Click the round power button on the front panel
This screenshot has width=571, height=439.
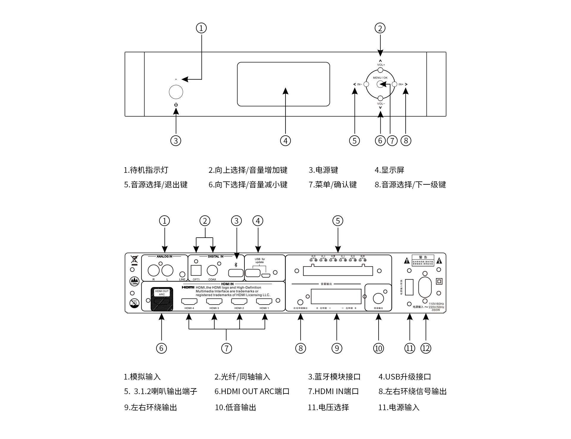click(x=176, y=92)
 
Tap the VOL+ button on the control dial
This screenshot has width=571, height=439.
click(x=380, y=70)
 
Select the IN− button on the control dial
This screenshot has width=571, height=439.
click(x=366, y=84)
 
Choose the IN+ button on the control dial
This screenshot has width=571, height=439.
click(x=394, y=84)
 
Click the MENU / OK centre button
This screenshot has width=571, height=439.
click(x=380, y=84)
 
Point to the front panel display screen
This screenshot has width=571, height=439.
click(x=283, y=84)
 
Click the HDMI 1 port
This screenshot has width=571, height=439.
click(x=264, y=301)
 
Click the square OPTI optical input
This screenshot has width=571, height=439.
click(x=196, y=271)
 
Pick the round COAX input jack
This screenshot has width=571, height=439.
click(x=212, y=271)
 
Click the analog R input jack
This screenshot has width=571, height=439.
click(x=154, y=271)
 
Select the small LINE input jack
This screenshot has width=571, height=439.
click(x=182, y=274)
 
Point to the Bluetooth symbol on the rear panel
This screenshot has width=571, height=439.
click(x=236, y=265)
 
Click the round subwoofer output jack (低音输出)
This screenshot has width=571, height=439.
click(x=378, y=298)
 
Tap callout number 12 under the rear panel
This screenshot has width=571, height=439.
click(x=426, y=348)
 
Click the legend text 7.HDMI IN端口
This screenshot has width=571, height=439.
click(x=333, y=391)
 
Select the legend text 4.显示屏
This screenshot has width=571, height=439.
click(x=389, y=170)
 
